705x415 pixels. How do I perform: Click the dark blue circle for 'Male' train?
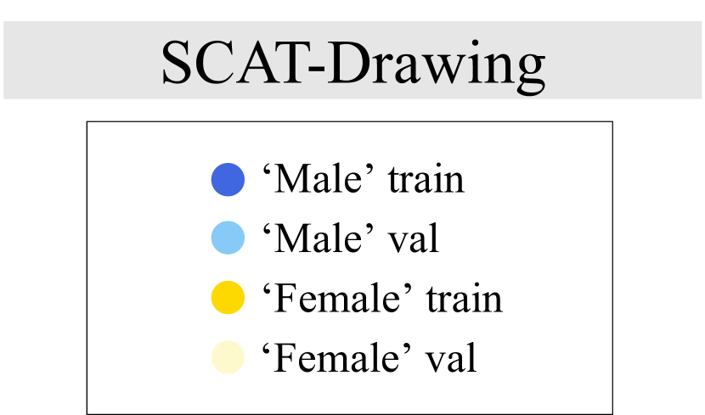click(228, 180)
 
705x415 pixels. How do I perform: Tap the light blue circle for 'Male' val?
click(228, 238)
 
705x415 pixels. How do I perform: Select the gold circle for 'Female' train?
click(228, 298)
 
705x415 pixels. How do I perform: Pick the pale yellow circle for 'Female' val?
click(228, 357)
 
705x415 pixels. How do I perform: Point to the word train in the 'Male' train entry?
click(426, 181)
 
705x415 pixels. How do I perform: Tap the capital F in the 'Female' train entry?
click(286, 299)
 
